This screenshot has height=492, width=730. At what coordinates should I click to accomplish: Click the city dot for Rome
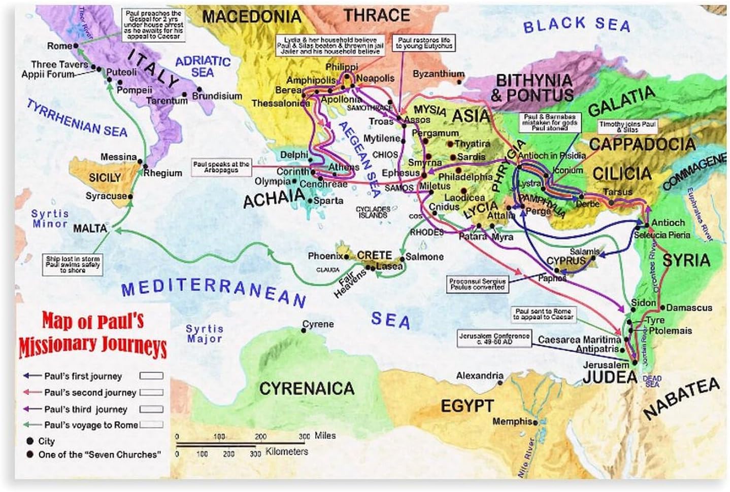[x=76, y=46]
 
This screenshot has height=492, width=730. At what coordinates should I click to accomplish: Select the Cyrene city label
[x=318, y=324]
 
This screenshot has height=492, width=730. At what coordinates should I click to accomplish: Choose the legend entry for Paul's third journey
[x=85, y=409]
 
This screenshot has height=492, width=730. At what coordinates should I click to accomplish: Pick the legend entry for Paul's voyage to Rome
[x=91, y=425]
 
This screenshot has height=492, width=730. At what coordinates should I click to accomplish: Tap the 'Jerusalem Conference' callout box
[x=487, y=339]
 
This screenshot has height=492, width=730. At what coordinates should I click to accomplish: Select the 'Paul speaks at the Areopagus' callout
[x=221, y=167]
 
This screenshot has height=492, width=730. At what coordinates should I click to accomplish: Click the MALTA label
[x=90, y=228]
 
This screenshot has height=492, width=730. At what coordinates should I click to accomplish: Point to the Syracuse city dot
[x=130, y=196]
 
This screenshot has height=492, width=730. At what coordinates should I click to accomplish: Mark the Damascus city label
[x=689, y=307]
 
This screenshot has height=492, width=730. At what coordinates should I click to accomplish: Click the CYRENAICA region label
[x=307, y=389]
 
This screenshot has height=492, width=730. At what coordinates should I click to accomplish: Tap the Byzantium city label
[x=438, y=74]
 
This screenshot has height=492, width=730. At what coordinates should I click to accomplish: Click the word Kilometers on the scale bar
[x=287, y=451]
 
